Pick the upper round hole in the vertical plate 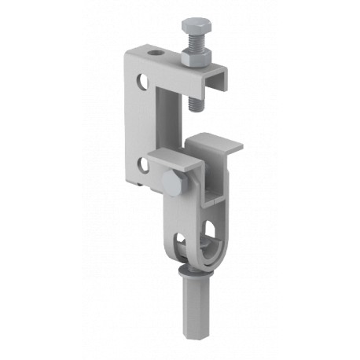click(141, 81)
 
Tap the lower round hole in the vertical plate click(141, 164)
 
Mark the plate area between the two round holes click(140, 122)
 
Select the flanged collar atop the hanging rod click(191, 274)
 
